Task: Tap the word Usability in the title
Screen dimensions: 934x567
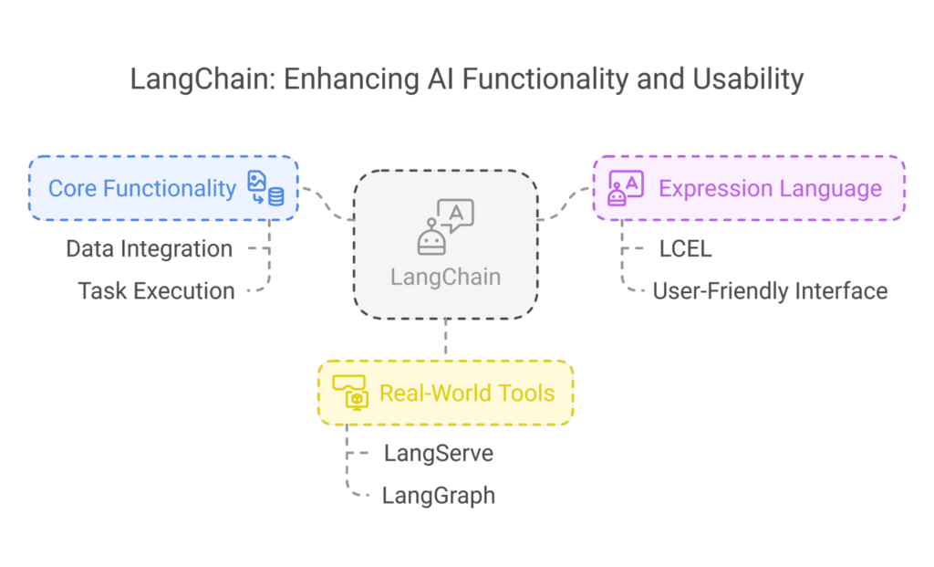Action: pyautogui.click(x=748, y=79)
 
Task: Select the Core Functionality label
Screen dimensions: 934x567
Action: pyautogui.click(x=141, y=188)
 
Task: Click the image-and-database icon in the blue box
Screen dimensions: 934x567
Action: pyautogui.click(x=265, y=188)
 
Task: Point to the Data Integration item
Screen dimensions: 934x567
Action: pyautogui.click(x=149, y=248)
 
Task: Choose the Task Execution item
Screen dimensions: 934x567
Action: pyautogui.click(x=156, y=291)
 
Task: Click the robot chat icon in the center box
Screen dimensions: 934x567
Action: pyautogui.click(x=445, y=226)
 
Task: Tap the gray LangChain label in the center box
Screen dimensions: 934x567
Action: pyautogui.click(x=445, y=277)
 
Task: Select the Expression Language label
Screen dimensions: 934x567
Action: pyautogui.click(x=770, y=188)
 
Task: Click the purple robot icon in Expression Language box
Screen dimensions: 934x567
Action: pyautogui.click(x=626, y=188)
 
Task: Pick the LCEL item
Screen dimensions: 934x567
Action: pyautogui.click(x=685, y=248)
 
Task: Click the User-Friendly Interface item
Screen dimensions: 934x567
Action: pyautogui.click(x=770, y=291)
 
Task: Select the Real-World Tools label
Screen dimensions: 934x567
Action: pyautogui.click(x=466, y=394)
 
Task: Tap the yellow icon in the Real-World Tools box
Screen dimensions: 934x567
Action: pyautogui.click(x=350, y=393)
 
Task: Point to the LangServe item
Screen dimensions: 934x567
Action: pyautogui.click(x=439, y=453)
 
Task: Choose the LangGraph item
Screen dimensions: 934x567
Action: pyautogui.click(x=439, y=496)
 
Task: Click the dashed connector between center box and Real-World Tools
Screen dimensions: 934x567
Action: pyautogui.click(x=445, y=340)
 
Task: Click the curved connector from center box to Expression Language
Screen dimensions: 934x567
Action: pyautogui.click(x=565, y=204)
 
